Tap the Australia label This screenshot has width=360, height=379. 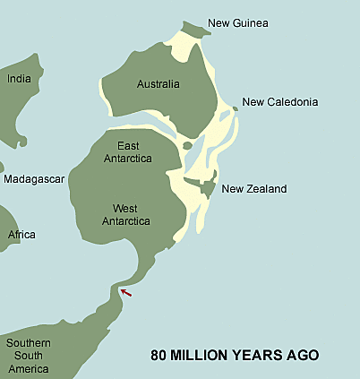click(158, 85)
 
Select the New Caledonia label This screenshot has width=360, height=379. click(279, 102)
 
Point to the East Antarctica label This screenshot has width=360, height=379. click(134, 151)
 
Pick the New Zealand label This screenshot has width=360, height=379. click(253, 189)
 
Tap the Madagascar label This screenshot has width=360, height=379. click(34, 179)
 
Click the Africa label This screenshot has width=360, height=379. click(21, 235)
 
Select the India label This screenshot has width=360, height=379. click(19, 79)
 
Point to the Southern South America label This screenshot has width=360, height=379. click(29, 356)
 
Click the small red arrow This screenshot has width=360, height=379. click(126, 292)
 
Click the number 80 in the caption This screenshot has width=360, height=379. click(159, 356)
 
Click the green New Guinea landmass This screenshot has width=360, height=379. click(196, 29)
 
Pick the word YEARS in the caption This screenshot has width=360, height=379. click(260, 356)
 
